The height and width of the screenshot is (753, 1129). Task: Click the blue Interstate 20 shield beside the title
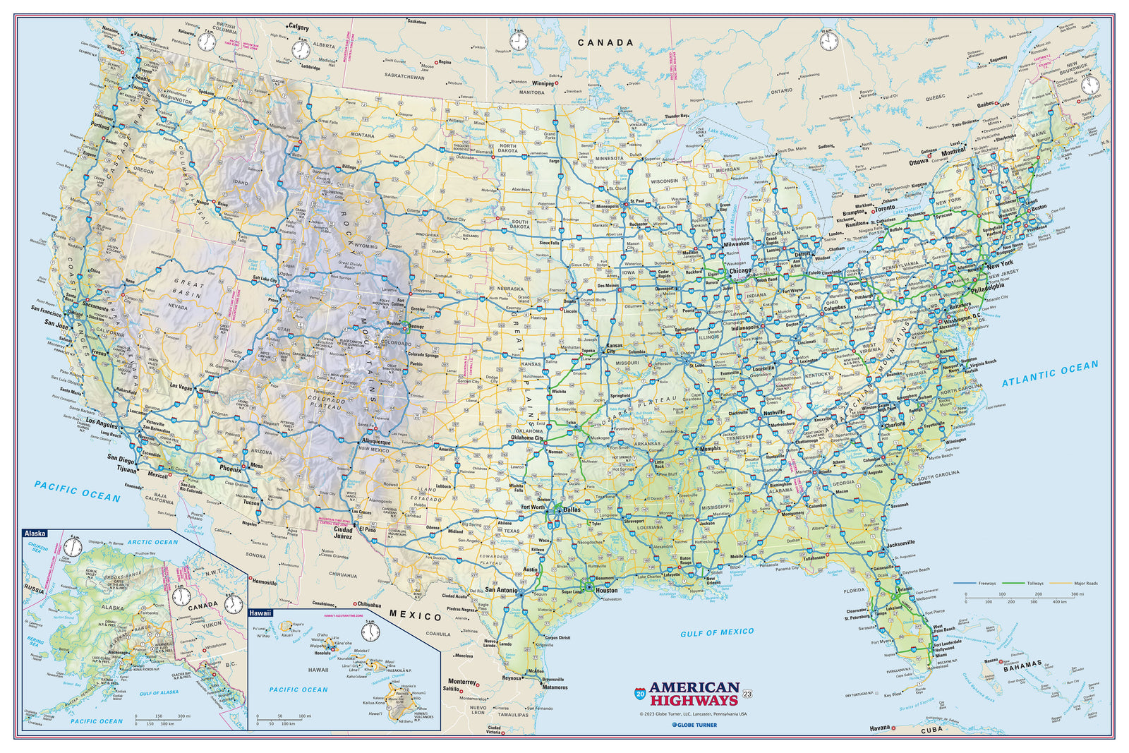tap(639, 693)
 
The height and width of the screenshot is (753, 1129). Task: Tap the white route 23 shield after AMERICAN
tap(748, 694)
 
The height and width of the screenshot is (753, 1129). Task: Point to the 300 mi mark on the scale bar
tap(1077, 595)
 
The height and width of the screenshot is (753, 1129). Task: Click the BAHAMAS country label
tap(1022, 665)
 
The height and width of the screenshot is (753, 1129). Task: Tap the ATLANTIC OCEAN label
tap(1050, 373)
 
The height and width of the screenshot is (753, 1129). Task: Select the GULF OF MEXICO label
tap(717, 633)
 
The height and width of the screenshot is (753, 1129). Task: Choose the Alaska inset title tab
tap(35, 534)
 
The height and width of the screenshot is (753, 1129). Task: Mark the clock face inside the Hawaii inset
tap(370, 632)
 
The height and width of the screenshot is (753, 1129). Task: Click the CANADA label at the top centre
tap(605, 42)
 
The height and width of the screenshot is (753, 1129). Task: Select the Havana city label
tap(879, 728)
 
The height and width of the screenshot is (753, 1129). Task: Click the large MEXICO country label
tap(416, 616)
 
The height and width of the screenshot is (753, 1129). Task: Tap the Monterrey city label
tap(462, 682)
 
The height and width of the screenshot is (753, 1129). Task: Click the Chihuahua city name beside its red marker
tap(370, 604)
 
